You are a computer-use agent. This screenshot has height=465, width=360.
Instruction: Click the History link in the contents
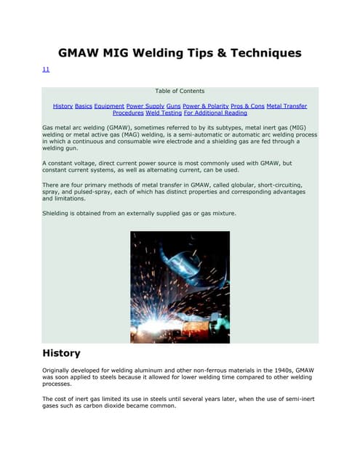tap(63, 106)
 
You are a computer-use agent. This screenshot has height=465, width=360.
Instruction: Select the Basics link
tap(84, 106)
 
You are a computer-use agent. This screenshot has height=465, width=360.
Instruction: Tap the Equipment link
tap(109, 106)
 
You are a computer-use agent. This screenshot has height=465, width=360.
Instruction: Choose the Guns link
tap(173, 106)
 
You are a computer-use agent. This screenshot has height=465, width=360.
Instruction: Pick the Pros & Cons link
tap(247, 106)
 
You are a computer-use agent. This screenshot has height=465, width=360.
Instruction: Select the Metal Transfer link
tap(287, 106)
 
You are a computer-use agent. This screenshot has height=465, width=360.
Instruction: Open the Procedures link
tap(127, 113)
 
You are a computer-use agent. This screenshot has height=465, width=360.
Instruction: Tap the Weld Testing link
tap(163, 113)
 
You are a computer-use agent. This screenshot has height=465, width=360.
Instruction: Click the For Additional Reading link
tap(215, 113)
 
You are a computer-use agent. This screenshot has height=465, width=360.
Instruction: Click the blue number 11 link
tap(46, 69)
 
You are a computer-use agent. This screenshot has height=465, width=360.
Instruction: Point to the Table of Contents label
tap(180, 92)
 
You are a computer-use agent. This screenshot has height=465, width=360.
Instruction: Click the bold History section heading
tap(61, 353)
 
